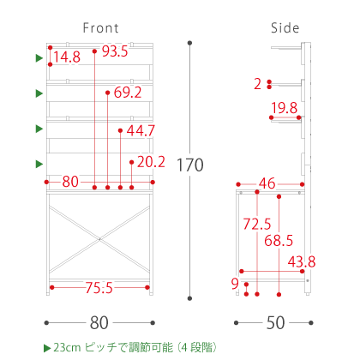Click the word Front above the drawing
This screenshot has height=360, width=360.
(100, 28)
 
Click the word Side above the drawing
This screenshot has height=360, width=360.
(285, 28)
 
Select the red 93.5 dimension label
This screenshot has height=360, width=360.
(115, 51)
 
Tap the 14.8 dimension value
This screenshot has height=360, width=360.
(67, 57)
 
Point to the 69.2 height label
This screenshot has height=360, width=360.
(128, 93)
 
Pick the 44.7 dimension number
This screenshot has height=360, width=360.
(141, 131)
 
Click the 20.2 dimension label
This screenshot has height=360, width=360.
(151, 162)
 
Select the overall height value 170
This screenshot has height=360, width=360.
(190, 165)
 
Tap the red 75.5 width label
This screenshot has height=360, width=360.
(99, 288)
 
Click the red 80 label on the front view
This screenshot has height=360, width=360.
(70, 182)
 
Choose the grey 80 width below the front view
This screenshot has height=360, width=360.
(99, 323)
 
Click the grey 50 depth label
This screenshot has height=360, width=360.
(275, 323)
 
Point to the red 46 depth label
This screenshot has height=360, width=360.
(267, 183)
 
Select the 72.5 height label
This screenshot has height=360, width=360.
(257, 224)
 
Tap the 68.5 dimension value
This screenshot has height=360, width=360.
(279, 241)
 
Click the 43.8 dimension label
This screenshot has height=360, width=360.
(302, 261)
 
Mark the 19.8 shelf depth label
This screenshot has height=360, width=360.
(285, 108)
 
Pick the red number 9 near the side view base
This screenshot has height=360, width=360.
(235, 284)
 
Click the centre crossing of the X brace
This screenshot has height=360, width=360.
(99, 238)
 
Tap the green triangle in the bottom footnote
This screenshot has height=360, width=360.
(47, 348)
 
